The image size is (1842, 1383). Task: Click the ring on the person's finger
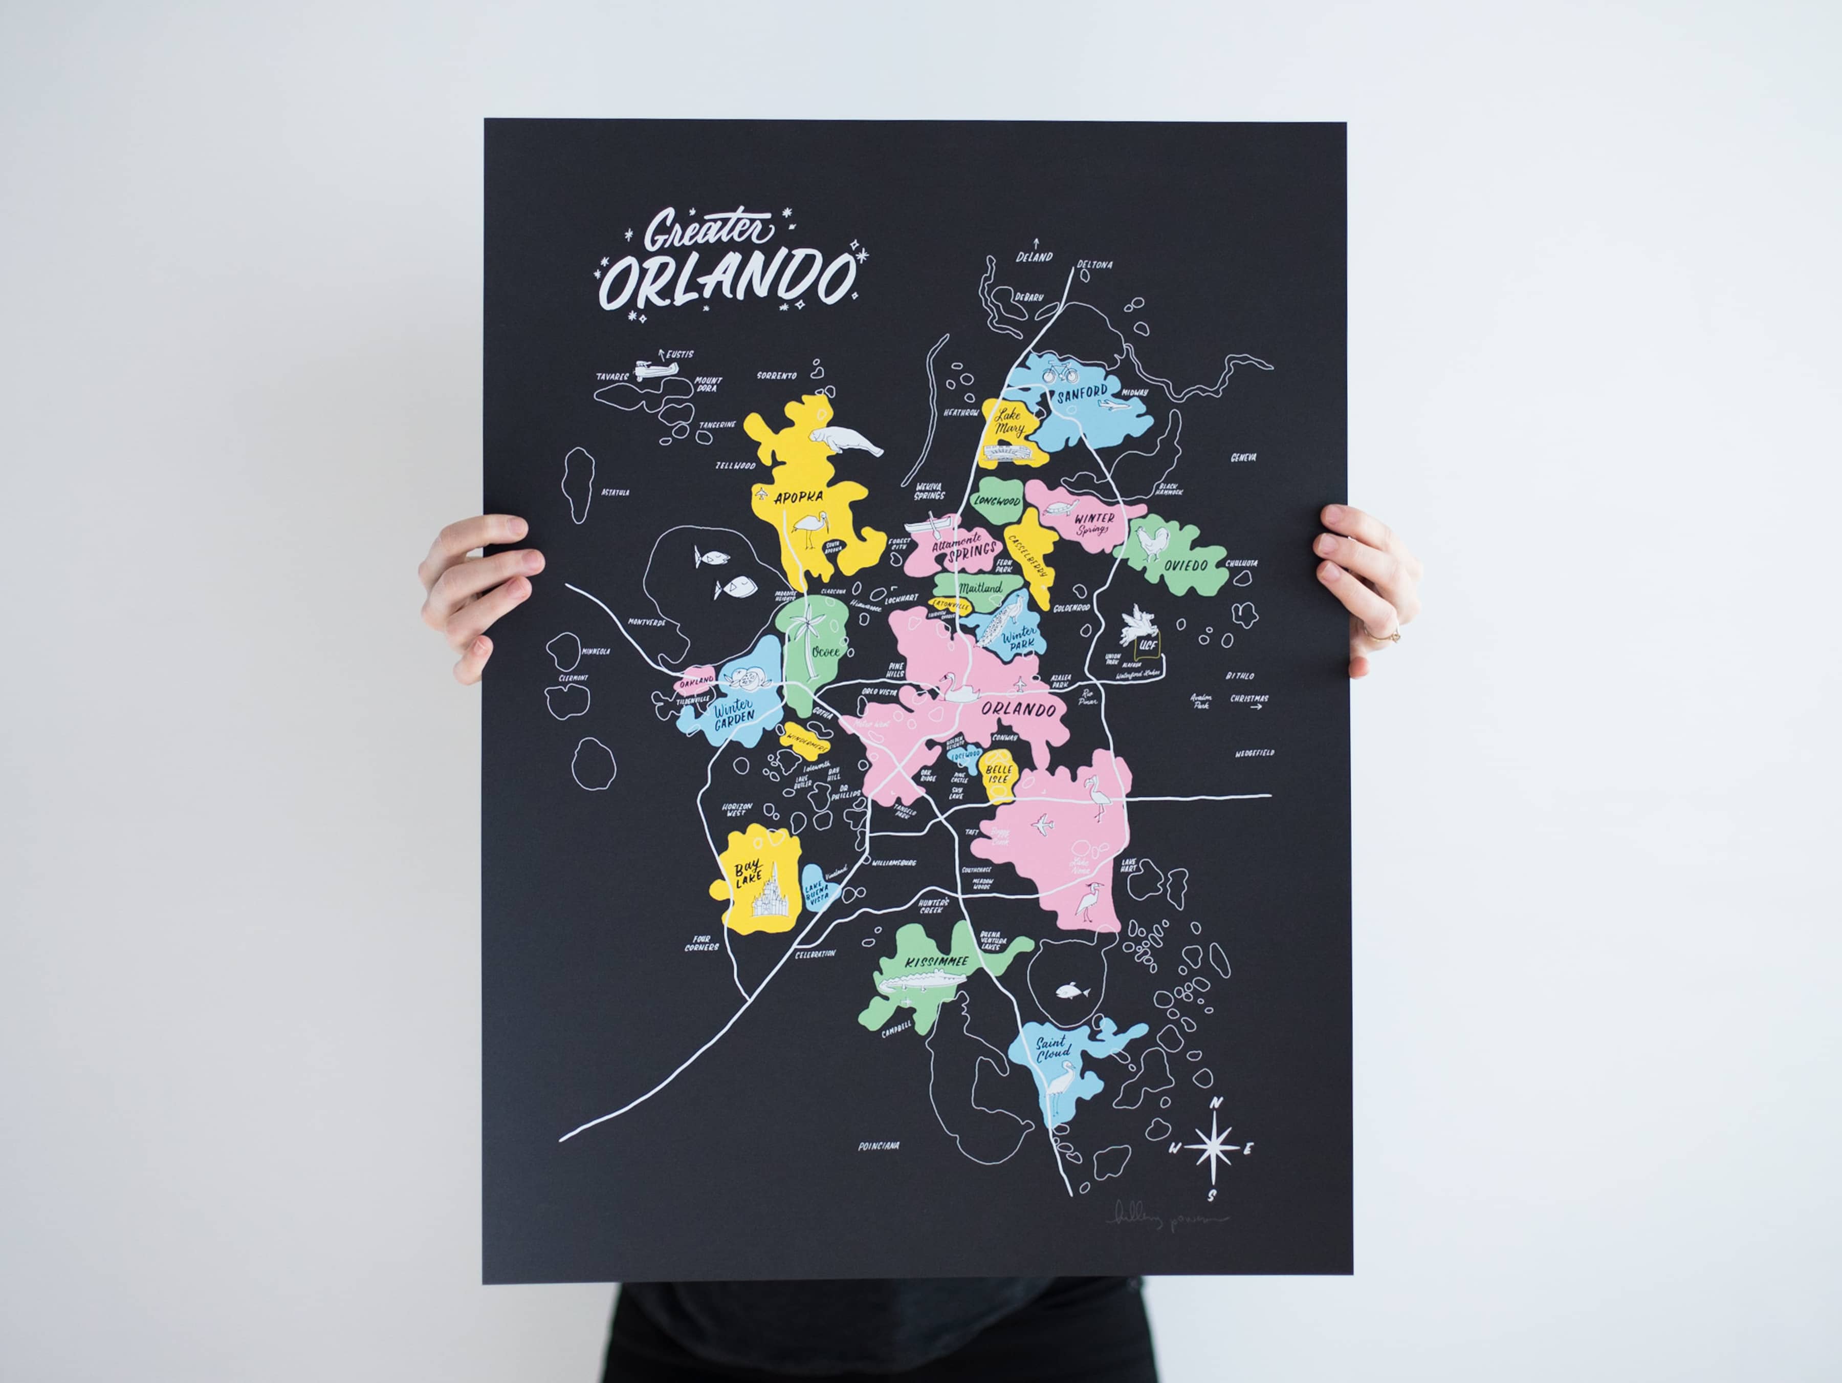[1394, 635]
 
